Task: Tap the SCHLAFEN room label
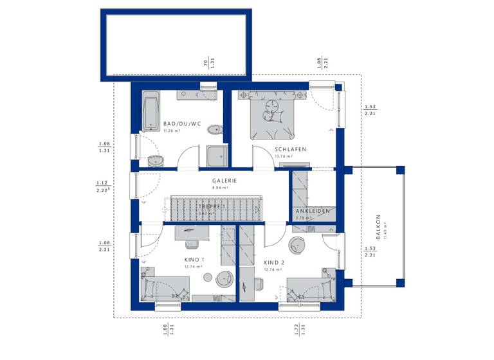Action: click(289, 149)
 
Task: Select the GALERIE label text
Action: click(224, 181)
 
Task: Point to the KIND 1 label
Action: click(194, 260)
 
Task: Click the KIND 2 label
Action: click(274, 263)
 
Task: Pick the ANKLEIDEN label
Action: click(313, 211)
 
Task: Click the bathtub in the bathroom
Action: click(149, 112)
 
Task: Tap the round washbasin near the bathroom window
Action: click(154, 161)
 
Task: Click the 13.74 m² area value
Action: click(283, 156)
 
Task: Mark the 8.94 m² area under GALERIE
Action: click(224, 188)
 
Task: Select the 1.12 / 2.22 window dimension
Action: click(103, 186)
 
